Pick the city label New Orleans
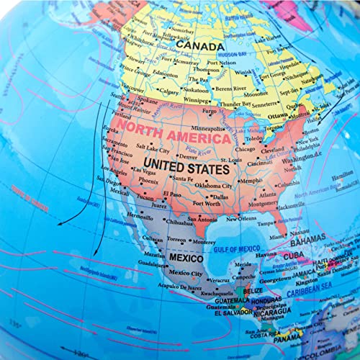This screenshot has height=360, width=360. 243,218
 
